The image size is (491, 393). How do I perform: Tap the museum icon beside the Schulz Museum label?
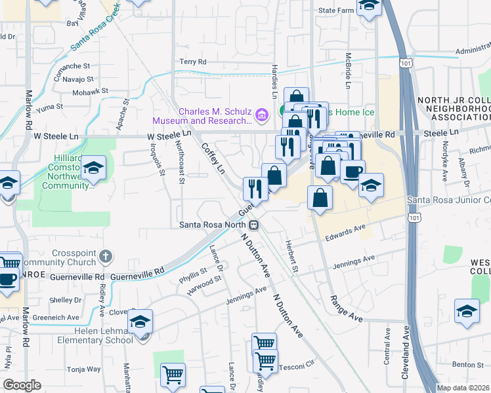pos(262,116)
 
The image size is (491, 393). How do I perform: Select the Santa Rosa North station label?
pos(213,224)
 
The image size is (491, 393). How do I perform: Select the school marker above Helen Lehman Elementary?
pos(140,322)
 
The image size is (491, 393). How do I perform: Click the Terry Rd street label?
pos(192,62)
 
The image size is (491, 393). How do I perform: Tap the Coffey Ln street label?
pos(213,159)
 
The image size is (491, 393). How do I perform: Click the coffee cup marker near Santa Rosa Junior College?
pos(352,173)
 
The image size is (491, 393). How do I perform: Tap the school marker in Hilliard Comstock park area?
pos(95,170)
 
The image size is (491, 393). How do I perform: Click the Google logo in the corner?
pos(22,384)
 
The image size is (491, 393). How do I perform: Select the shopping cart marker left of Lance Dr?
pos(173,375)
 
